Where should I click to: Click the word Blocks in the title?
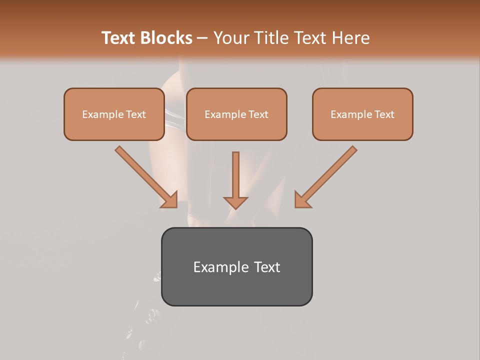pos(167,38)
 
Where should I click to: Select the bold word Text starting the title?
pos(120,38)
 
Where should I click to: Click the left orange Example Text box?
pos(114,114)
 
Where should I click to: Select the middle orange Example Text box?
pos(236,114)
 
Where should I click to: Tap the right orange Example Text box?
pos(362,114)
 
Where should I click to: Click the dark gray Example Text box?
pos(236,267)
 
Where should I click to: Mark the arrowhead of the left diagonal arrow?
pos(170,200)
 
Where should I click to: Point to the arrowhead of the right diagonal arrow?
pos(302,200)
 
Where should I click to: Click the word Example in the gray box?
pos(218,267)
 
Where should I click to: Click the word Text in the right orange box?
pos(384,114)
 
